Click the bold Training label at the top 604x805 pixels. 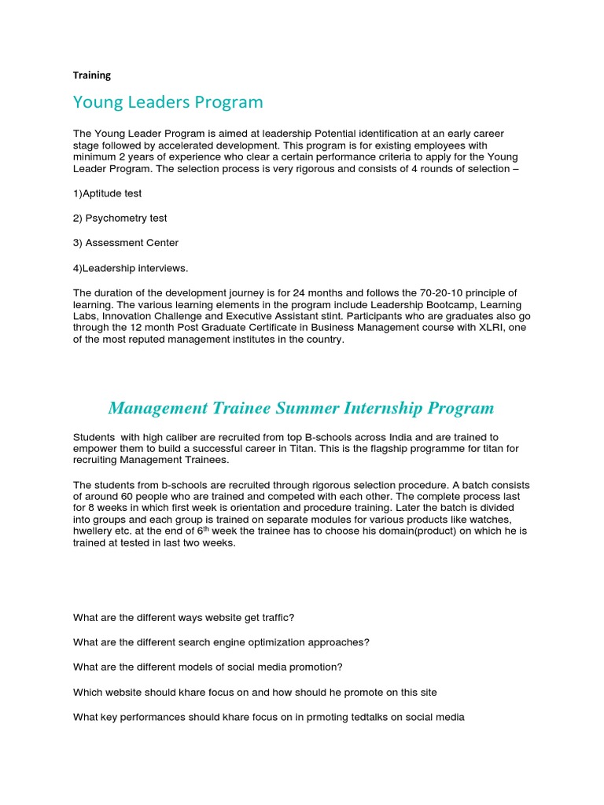pyautogui.click(x=92, y=75)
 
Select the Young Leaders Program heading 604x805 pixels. pyautogui.click(x=168, y=102)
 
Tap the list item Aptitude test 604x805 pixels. pyautogui.click(x=108, y=193)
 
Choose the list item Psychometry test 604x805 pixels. pyautogui.click(x=120, y=218)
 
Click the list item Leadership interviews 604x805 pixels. pyautogui.click(x=131, y=268)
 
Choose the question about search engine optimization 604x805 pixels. pyautogui.click(x=221, y=642)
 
